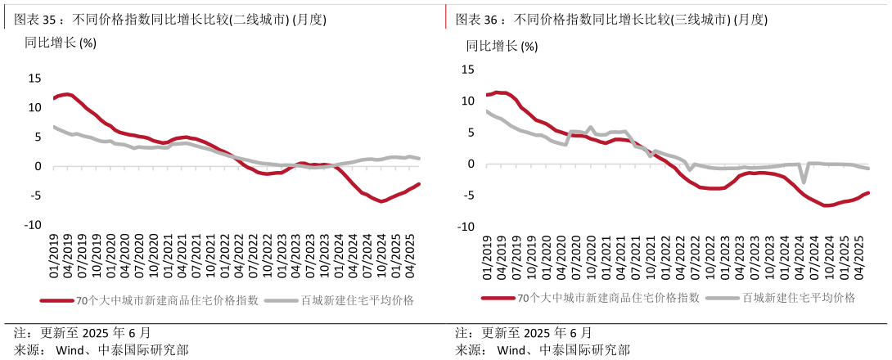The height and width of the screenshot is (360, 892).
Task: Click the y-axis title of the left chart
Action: [61, 43]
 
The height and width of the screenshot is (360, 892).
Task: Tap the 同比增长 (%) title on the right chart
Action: [502, 46]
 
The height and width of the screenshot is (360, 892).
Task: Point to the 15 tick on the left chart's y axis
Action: [34, 79]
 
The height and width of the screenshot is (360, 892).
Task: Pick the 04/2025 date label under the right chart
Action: [859, 256]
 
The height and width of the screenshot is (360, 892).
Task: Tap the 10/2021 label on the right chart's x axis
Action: [650, 256]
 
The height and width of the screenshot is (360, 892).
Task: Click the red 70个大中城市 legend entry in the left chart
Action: [150, 300]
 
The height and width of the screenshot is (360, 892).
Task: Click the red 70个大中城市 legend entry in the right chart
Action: [591, 298]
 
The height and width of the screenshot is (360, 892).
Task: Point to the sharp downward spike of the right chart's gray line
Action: [804, 182]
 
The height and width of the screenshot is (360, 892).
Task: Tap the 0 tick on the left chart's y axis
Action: [38, 167]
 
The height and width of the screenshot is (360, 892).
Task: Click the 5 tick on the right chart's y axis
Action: [471, 133]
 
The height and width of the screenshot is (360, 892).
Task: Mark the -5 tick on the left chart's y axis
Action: [34, 196]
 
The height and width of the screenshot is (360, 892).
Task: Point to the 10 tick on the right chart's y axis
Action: [468, 101]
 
